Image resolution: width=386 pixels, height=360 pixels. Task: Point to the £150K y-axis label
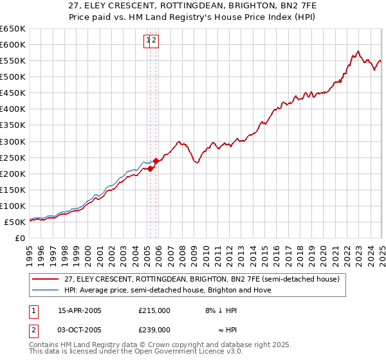coord(13,190)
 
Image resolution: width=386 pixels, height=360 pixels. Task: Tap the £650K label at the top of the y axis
coord(13,29)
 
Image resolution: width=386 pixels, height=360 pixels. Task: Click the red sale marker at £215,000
coord(150,168)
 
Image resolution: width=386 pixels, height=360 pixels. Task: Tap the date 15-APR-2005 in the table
coord(80,310)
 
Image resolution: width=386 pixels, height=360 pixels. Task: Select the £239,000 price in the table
coord(154,330)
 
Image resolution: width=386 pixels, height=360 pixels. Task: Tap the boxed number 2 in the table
coord(33,330)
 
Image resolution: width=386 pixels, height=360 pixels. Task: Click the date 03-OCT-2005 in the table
coord(80,330)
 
